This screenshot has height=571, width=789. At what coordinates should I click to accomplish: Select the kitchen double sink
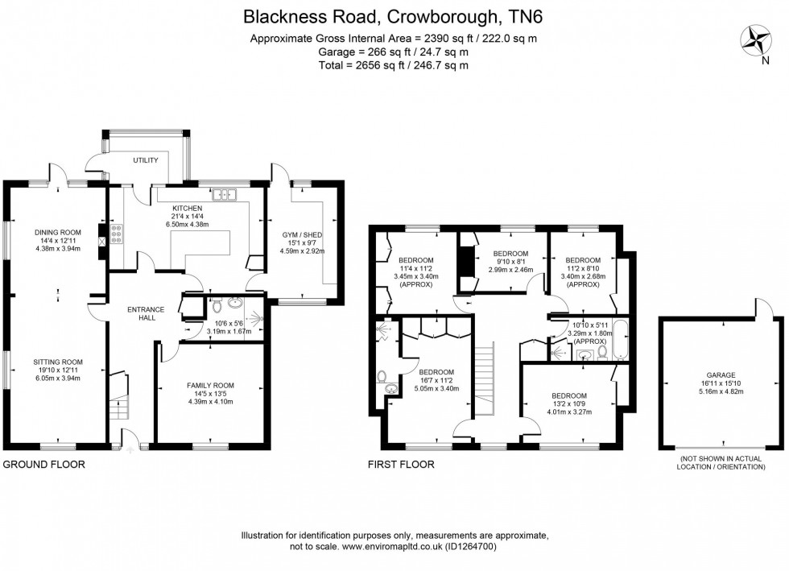click(x=222, y=194)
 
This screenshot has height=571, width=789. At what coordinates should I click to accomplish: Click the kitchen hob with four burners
click(x=115, y=234)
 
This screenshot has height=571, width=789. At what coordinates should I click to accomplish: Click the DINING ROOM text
click(x=54, y=232)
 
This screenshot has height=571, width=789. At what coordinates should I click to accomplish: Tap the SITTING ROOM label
click(x=54, y=362)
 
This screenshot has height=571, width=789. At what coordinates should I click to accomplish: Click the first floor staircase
click(x=483, y=379)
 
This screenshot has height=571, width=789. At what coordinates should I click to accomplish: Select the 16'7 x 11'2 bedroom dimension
click(x=436, y=380)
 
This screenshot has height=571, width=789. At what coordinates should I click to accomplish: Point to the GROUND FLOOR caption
click(x=44, y=465)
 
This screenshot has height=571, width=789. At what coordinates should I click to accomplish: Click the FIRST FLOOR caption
click(x=401, y=465)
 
